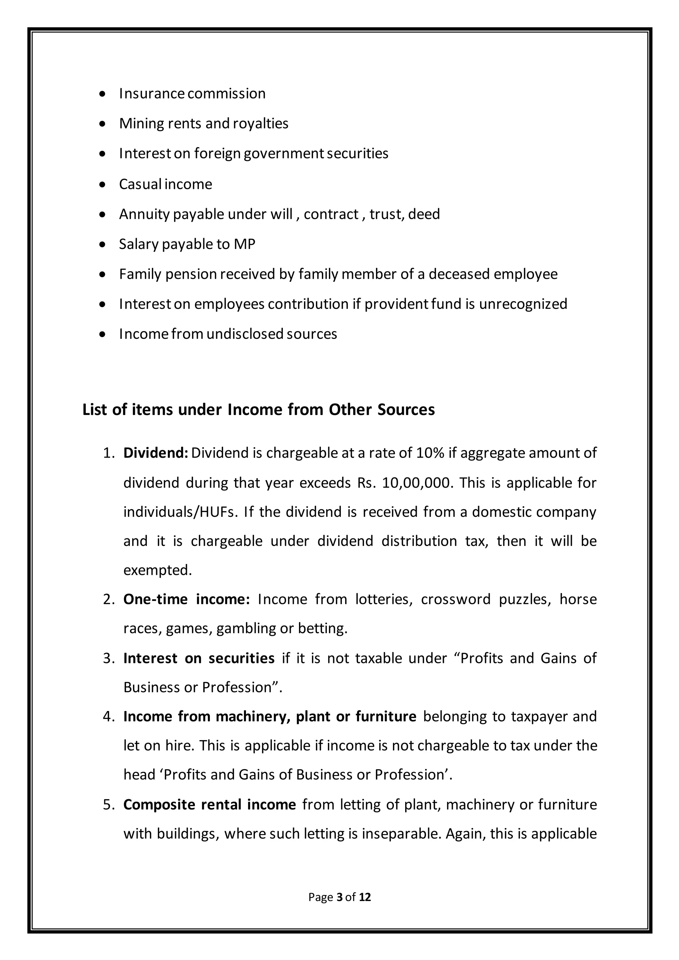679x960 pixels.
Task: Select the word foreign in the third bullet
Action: click(217, 154)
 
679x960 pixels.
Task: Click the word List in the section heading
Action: click(95, 410)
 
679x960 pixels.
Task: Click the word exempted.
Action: click(157, 570)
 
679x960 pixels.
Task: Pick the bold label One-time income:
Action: click(186, 600)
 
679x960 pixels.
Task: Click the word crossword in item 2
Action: click(455, 600)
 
